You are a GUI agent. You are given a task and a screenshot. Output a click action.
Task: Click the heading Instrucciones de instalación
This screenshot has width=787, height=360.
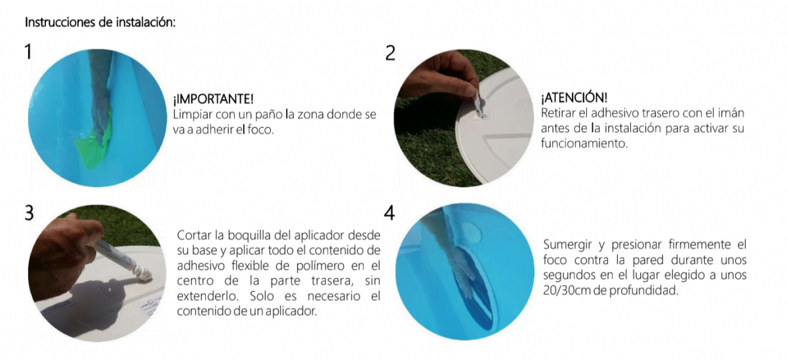(100, 22)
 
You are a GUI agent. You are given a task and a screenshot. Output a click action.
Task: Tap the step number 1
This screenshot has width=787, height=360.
(28, 52)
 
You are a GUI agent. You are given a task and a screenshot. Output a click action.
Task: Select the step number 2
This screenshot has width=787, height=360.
(390, 53)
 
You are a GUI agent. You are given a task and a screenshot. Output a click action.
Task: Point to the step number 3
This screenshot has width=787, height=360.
(29, 213)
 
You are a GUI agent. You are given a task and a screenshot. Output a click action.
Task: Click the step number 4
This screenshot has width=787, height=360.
(390, 213)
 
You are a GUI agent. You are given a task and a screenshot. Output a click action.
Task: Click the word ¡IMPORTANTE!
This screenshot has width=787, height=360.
(213, 99)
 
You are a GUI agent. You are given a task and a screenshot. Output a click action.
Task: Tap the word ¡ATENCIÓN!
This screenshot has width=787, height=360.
(574, 98)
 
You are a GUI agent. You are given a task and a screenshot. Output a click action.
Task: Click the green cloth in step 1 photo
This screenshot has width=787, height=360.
(92, 140)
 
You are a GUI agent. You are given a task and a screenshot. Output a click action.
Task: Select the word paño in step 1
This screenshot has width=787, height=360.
(268, 115)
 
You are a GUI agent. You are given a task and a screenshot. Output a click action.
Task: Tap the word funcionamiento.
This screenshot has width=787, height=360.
(584, 144)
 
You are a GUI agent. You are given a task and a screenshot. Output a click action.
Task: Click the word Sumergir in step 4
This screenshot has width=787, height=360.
(567, 245)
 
